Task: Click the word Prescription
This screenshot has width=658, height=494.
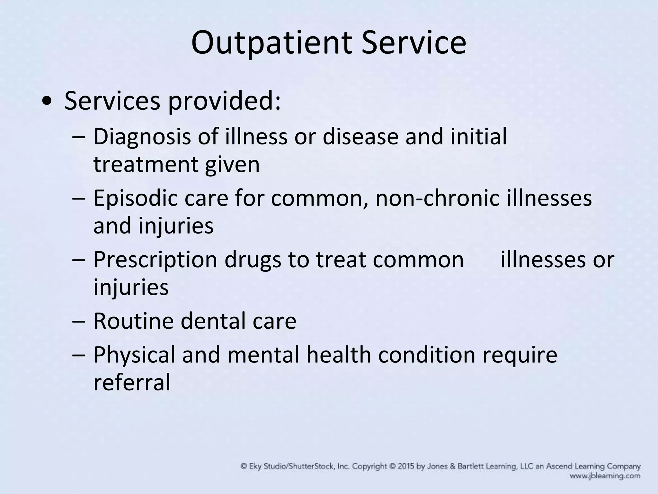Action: (x=156, y=260)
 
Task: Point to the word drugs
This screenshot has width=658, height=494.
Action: (x=253, y=260)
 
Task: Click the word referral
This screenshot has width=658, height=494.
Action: (x=132, y=382)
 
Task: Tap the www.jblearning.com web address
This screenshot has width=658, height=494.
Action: (x=605, y=476)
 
